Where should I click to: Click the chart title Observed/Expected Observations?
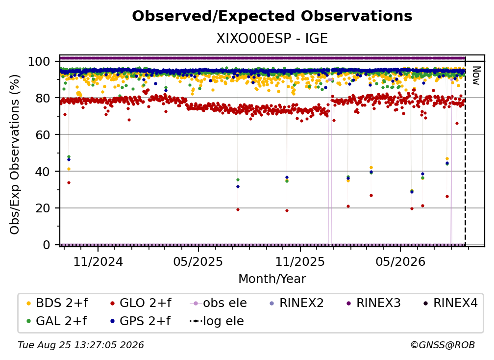coord(272,16)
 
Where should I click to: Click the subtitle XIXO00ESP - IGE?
coord(272,38)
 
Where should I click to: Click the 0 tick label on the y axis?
coord(47,245)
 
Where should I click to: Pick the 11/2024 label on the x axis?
coord(98,261)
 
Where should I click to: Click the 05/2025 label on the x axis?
coord(198,261)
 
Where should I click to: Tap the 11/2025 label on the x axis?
coord(300,261)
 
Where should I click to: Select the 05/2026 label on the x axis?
coord(400,261)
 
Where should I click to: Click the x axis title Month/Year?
coord(272,279)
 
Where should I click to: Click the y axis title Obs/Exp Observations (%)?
coord(15,154)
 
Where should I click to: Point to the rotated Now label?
coord(476,76)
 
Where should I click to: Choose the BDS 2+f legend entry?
coord(57,303)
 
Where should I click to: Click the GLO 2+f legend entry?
coord(140,303)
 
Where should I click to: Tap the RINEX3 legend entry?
coord(373,303)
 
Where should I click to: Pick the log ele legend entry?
coord(217,321)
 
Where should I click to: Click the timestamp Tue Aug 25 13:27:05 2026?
coord(81,345)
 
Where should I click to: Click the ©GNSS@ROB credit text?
coord(443,345)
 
